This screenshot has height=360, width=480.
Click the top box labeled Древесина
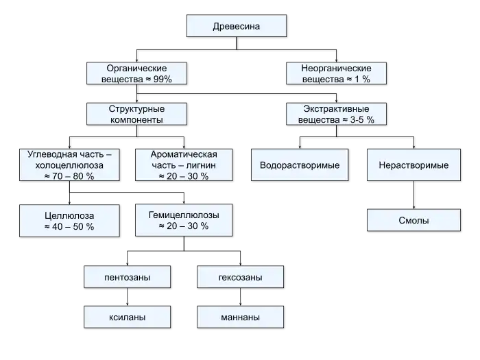tap(237, 26)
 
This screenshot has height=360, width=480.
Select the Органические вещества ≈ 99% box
tap(136, 73)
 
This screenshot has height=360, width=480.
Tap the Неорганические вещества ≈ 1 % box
tap(336, 73)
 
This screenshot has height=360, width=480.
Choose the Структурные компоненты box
tap(136, 114)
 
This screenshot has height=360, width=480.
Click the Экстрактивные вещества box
tap(336, 114)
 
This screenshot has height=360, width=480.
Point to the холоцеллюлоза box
tap(69, 165)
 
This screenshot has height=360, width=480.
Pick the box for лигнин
tap(184, 165)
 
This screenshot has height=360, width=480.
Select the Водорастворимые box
tap(300, 165)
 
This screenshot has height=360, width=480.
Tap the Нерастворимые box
tap(413, 165)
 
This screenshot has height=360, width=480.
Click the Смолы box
tap(413, 220)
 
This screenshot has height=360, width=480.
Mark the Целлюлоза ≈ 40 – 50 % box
tap(69, 221)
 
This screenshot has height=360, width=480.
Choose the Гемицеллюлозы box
tap(184, 220)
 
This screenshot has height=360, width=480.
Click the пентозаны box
tap(127, 277)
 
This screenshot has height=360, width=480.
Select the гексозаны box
tap(240, 277)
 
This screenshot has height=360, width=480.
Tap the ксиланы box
tap(127, 317)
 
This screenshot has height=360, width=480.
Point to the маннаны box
tap(240, 317)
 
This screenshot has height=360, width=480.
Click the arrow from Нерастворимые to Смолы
tap(413, 195)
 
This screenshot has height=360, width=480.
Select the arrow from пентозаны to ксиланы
tap(127, 297)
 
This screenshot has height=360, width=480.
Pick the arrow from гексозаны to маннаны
tap(240, 297)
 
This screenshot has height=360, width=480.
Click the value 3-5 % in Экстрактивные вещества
tap(362, 120)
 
